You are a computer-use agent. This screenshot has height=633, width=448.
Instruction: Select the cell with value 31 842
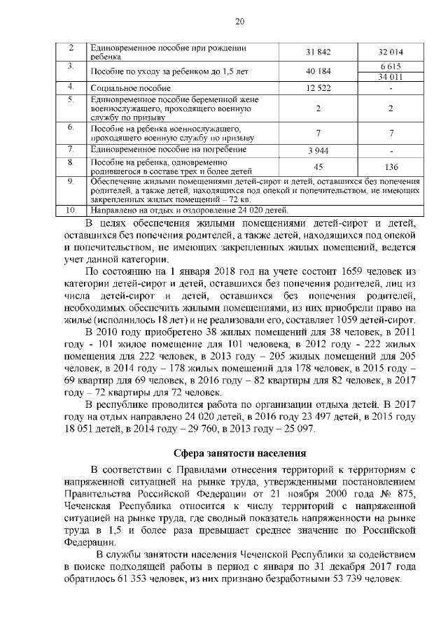(318, 52)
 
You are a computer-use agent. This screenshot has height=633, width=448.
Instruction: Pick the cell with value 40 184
(318, 71)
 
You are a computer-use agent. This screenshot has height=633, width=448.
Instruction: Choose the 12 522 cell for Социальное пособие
(318, 89)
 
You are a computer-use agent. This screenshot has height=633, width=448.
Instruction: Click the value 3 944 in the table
(318, 150)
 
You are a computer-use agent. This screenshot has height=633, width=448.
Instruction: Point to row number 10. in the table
(71, 210)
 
